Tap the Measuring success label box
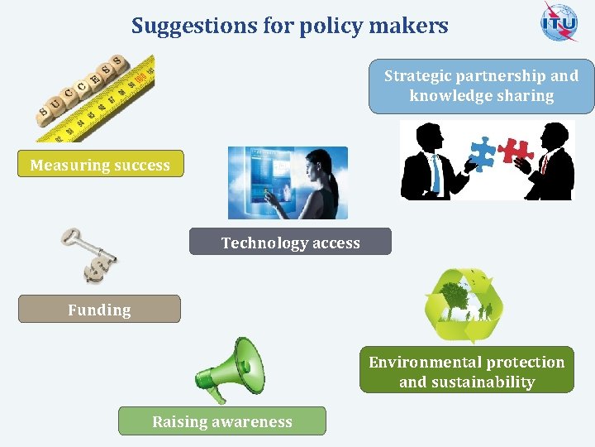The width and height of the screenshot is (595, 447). coord(100,165)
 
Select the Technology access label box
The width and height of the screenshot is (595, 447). coord(290,243)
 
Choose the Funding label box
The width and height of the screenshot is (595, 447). coord(99,310)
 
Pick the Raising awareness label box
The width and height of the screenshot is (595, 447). coord(221,421)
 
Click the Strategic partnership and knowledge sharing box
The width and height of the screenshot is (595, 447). coord(481,86)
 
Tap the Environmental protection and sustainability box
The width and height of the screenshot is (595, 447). coord(466,372)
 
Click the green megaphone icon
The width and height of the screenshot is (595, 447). coord(229,369)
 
